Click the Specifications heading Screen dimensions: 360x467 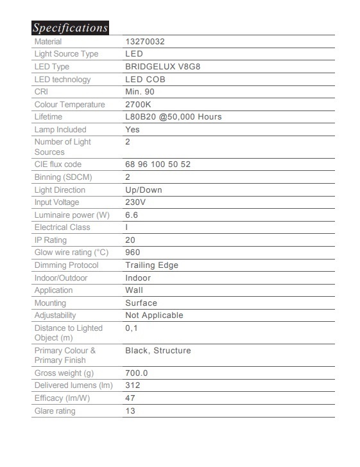click(x=70, y=28)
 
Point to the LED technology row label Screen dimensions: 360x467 click(x=62, y=80)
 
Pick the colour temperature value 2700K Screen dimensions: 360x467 click(x=138, y=105)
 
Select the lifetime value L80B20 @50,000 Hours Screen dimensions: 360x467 click(x=173, y=117)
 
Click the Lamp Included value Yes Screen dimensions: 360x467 click(x=132, y=129)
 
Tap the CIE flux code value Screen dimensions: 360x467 click(x=158, y=164)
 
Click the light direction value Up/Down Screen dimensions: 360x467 click(x=144, y=190)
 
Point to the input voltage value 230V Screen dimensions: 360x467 click(x=137, y=202)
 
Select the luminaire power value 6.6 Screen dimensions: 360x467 click(x=132, y=215)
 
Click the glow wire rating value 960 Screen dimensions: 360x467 click(x=132, y=252)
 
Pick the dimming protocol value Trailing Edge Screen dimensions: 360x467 click(x=151, y=265)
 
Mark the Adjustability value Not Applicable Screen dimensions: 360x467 click(x=154, y=315)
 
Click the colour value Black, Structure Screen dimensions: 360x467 click(x=158, y=351)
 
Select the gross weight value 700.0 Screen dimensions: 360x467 click(x=137, y=373)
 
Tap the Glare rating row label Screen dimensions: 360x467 click(x=55, y=411)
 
